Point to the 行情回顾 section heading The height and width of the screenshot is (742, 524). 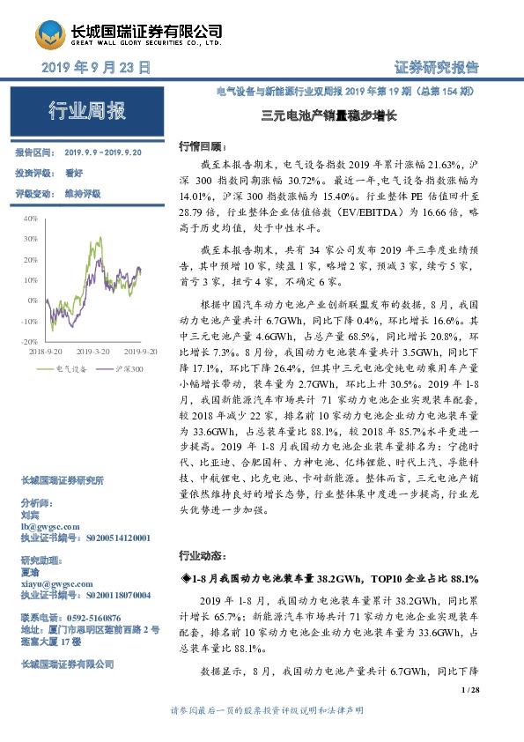(x=202, y=145)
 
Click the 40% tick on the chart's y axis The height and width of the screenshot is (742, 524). (x=30, y=217)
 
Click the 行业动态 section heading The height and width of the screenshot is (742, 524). (x=202, y=556)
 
